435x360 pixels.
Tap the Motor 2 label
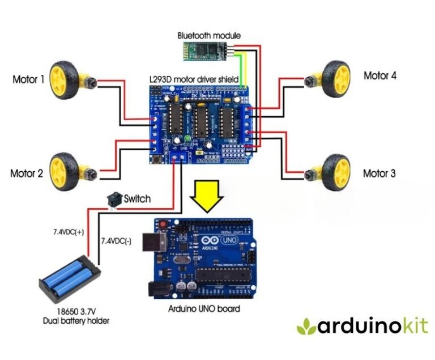point(27,173)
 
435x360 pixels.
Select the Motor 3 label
point(379,173)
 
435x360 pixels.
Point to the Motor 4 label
point(379,75)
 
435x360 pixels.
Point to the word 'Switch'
point(137,198)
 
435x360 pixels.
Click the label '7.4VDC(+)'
point(69,232)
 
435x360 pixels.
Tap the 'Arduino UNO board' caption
point(204,309)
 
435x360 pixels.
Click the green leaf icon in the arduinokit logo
point(308,326)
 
